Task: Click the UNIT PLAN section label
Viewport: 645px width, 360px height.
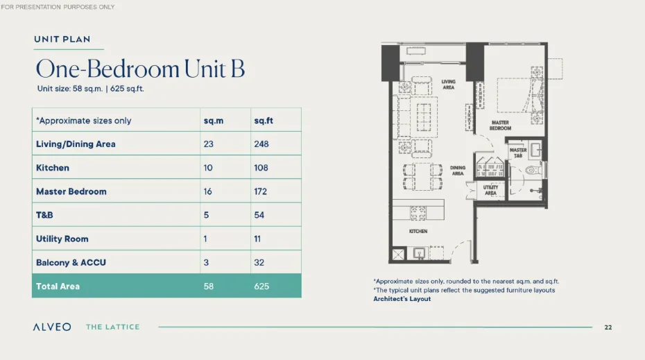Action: (62, 40)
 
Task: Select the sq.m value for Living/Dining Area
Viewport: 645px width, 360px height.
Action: (208, 144)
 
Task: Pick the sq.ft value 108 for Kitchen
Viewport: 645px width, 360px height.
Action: (261, 168)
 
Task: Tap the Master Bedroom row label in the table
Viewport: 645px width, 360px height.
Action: (71, 191)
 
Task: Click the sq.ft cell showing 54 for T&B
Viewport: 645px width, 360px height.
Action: (259, 215)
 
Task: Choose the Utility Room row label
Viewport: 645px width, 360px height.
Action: (62, 239)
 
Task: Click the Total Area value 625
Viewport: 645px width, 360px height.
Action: (261, 286)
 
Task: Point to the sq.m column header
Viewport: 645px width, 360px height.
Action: (213, 121)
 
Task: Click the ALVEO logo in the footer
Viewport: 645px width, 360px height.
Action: (51, 327)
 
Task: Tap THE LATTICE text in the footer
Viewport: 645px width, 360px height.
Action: (112, 327)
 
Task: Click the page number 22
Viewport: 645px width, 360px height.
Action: (608, 327)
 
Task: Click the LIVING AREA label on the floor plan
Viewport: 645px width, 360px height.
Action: (448, 85)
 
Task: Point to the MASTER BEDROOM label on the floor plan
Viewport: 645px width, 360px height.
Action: (500, 126)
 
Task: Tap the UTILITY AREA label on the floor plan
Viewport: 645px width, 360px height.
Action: (490, 191)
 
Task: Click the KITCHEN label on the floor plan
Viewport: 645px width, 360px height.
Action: (418, 231)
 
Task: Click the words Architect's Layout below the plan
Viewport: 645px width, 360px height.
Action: (402, 299)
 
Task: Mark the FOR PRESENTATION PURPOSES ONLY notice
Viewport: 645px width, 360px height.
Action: (58, 7)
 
